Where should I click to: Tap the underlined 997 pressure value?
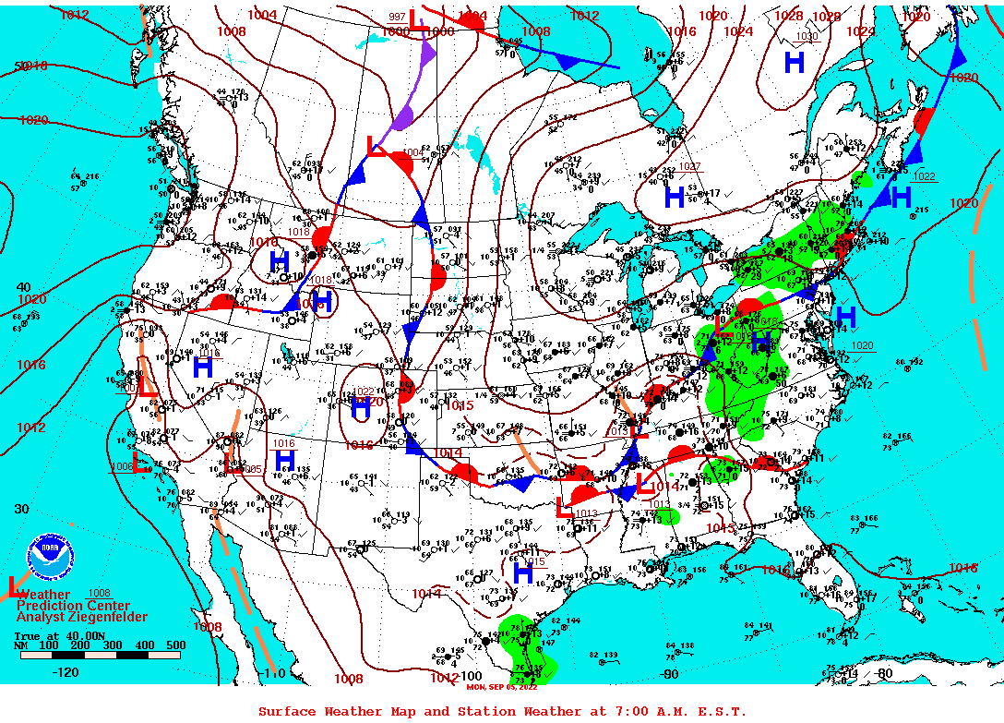(397, 17)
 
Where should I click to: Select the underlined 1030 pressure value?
(807, 37)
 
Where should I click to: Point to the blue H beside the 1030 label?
(794, 63)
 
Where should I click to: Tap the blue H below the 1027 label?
(675, 196)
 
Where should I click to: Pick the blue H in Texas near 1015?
(523, 573)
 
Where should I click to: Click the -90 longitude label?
(670, 674)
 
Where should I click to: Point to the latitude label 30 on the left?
(21, 509)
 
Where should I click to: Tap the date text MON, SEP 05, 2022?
(501, 686)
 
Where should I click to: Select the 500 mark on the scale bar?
(175, 645)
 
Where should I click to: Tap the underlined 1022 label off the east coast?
(924, 176)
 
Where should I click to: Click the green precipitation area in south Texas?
(528, 646)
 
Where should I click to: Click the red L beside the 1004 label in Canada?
(376, 147)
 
